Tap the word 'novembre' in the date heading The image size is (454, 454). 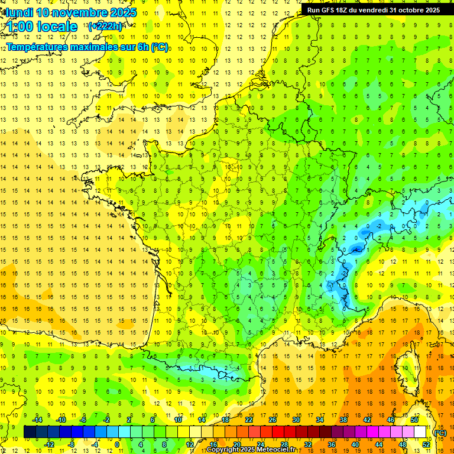[77, 12]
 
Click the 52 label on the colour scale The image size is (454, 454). [426, 444]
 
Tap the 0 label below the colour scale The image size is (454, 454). [117, 444]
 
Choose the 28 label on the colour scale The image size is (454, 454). [284, 444]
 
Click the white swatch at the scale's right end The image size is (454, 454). [420, 432]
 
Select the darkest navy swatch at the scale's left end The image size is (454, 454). [30, 432]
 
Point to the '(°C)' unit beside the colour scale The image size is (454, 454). [440, 432]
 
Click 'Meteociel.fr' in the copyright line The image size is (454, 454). [273, 450]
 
